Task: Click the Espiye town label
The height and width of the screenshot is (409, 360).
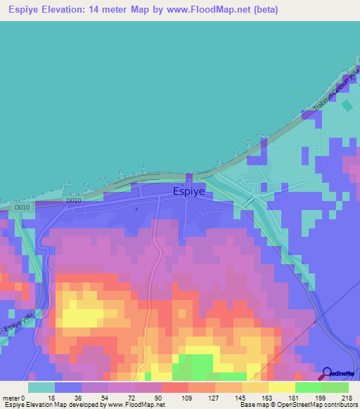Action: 190,190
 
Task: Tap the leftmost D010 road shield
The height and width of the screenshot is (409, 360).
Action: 22,208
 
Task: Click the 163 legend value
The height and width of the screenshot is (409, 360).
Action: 269,397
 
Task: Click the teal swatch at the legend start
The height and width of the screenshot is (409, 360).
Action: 41,387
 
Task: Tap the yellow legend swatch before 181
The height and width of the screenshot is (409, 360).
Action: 281,387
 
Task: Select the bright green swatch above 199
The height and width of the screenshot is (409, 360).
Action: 308,387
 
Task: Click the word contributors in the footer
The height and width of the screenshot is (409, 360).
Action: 339,405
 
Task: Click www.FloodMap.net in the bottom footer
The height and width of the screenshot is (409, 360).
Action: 136,405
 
